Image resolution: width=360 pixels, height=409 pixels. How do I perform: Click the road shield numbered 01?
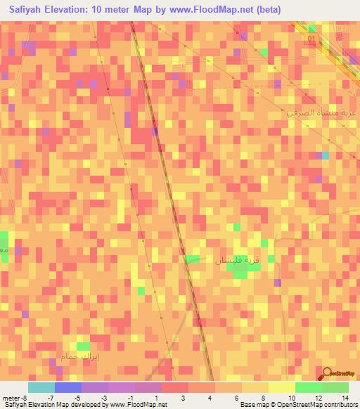pos(310,39)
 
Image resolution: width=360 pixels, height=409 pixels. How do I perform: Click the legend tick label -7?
pos(51,398)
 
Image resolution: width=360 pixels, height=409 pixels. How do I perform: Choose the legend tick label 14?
pos(345,398)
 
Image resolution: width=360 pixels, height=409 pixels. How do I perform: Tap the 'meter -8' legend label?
pos(14,398)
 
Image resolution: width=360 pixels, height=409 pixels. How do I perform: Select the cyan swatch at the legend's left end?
pos(41,387)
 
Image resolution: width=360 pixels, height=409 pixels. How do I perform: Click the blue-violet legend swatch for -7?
pos(67,387)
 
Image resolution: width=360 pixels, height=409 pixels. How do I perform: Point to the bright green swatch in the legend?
pos(308,387)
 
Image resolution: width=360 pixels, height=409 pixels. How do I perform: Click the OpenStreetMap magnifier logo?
pos(327,375)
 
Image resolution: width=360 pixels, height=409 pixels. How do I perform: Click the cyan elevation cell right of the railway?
pos(325,155)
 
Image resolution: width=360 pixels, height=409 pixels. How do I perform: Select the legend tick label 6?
pos(237,398)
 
